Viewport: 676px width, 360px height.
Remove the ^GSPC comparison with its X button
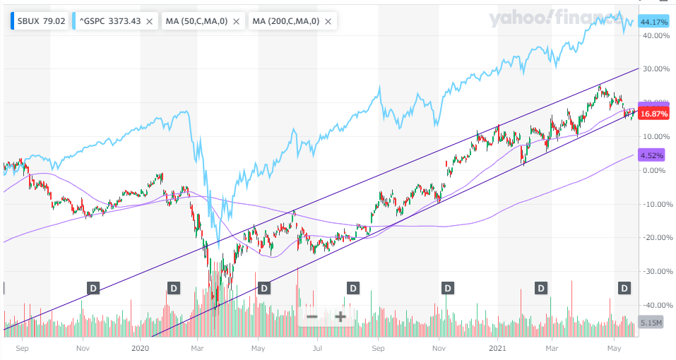click(149, 22)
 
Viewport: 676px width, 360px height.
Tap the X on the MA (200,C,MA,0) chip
click(328, 22)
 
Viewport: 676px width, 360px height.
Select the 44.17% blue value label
click(653, 23)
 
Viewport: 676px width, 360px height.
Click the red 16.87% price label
click(653, 113)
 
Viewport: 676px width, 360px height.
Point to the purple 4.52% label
click(653, 155)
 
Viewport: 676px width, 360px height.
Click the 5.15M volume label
click(651, 323)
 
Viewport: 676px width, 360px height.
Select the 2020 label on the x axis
click(141, 348)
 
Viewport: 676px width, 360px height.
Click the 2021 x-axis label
click(499, 348)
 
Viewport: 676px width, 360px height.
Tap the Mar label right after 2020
click(198, 348)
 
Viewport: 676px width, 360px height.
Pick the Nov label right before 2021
click(439, 348)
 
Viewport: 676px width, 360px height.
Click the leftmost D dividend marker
click(93, 287)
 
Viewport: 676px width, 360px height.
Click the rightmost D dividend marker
click(624, 287)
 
